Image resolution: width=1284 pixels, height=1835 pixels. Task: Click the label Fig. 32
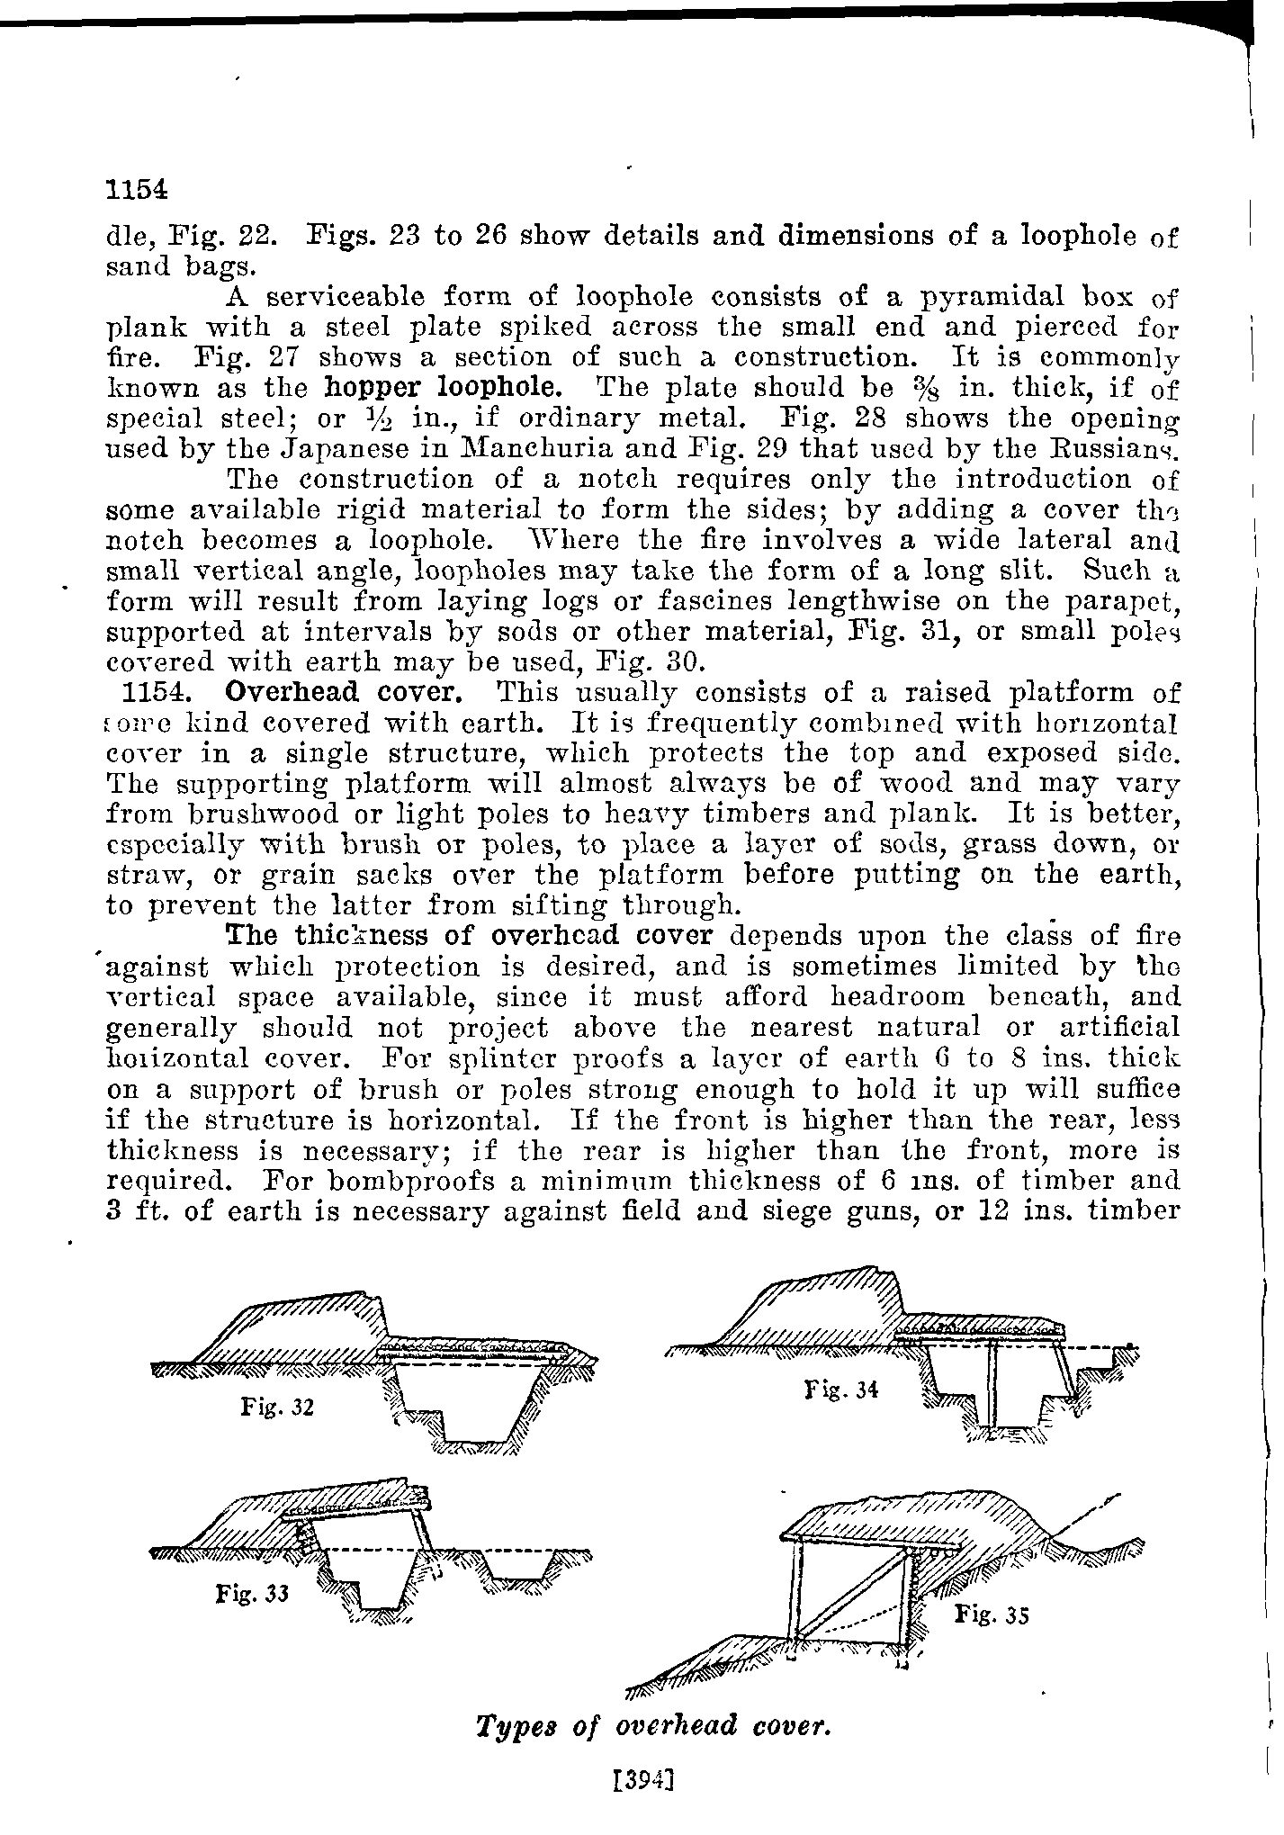click(x=277, y=1406)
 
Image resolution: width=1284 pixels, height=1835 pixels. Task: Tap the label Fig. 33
click(x=252, y=1594)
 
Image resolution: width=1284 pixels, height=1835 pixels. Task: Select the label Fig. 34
click(x=840, y=1390)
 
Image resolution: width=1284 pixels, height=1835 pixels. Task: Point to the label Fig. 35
click(x=991, y=1614)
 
